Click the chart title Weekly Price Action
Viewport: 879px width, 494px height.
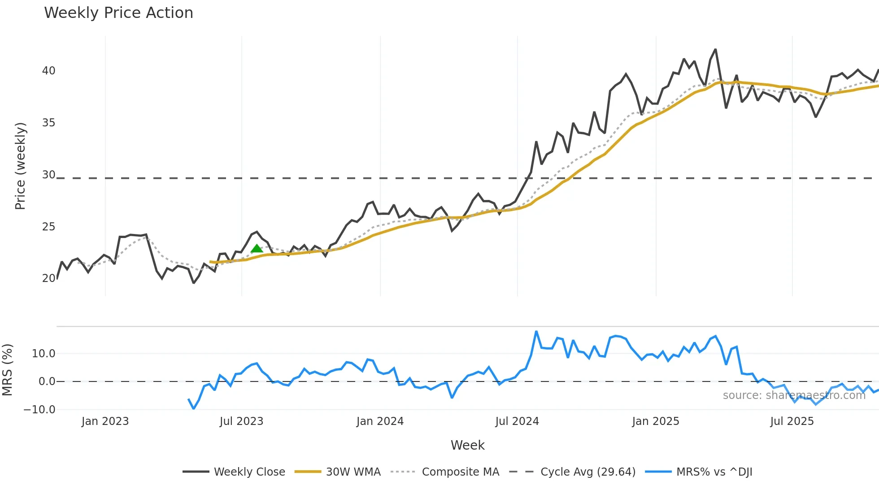click(x=118, y=13)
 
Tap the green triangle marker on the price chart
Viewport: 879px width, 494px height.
click(x=257, y=249)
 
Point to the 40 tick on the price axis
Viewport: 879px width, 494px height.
click(x=48, y=71)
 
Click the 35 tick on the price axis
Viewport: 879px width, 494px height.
click(x=48, y=123)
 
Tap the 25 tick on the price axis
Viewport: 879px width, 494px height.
click(x=48, y=227)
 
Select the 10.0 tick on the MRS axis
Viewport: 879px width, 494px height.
click(x=44, y=354)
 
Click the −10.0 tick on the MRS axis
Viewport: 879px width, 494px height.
click(x=39, y=410)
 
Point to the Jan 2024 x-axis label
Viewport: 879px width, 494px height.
click(x=380, y=421)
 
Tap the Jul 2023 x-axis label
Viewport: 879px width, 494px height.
click(x=241, y=421)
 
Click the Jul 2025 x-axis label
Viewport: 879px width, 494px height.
click(x=792, y=421)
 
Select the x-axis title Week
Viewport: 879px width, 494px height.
click(x=467, y=445)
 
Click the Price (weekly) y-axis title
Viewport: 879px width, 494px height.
click(x=20, y=166)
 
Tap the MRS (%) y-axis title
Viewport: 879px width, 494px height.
click(x=7, y=370)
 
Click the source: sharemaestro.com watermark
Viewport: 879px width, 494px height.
click(x=794, y=395)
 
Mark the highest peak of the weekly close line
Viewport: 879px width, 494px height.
click(x=715, y=49)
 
